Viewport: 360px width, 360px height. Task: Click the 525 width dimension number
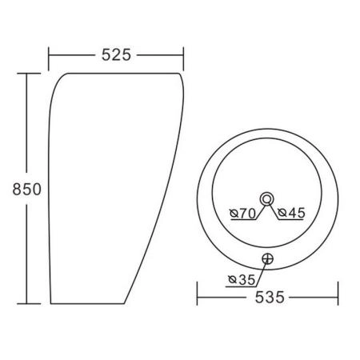point(116,55)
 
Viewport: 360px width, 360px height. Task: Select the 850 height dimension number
point(27,189)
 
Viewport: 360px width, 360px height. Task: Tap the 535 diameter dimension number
point(270,297)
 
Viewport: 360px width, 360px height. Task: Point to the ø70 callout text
point(243,213)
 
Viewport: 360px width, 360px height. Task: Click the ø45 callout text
point(291,213)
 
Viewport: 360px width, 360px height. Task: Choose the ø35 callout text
point(242,280)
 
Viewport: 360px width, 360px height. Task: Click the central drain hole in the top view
point(266,199)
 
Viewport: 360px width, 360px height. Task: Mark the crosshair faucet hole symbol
point(267,258)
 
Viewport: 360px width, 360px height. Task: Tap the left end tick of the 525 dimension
point(49,59)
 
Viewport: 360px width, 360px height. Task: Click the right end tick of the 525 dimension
point(183,59)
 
